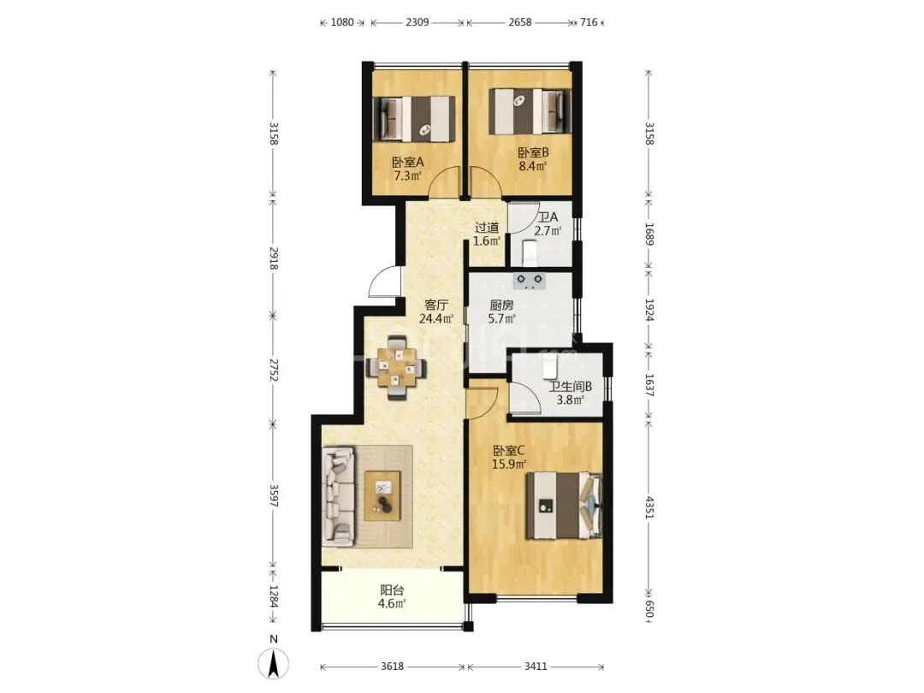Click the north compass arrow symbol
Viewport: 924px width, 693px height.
[x=274, y=663]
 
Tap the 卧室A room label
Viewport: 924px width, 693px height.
[x=408, y=162]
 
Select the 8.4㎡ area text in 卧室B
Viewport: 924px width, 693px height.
[x=533, y=166]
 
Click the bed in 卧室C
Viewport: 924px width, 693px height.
[x=564, y=506]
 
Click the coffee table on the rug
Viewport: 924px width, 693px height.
[x=382, y=495]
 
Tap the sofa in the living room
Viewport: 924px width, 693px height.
[x=338, y=496]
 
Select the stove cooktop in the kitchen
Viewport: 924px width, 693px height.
[x=530, y=281]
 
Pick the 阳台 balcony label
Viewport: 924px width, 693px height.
[x=392, y=589]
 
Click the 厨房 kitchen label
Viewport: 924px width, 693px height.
[x=501, y=305]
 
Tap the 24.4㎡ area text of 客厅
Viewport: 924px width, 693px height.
[x=436, y=319]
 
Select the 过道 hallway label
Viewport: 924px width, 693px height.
[x=488, y=228]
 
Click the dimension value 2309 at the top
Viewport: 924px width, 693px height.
[x=418, y=22]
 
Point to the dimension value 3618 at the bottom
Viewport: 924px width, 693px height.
[x=392, y=666]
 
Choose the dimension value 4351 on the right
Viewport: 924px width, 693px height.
[x=649, y=507]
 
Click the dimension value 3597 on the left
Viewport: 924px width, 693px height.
[x=274, y=495]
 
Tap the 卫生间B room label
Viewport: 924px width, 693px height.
[x=571, y=387]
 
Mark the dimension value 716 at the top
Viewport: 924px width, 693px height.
[x=589, y=22]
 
